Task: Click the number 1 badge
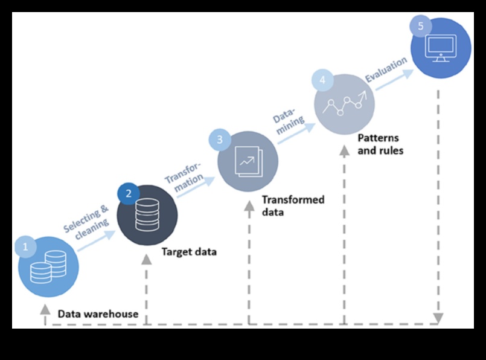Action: click(x=25, y=246)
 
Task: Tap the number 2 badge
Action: click(x=128, y=194)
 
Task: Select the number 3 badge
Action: click(x=220, y=140)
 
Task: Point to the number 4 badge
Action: click(x=322, y=80)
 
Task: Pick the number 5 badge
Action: click(x=420, y=27)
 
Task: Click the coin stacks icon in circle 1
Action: click(x=49, y=268)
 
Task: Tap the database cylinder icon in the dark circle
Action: click(x=147, y=214)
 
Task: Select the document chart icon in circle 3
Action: click(x=248, y=161)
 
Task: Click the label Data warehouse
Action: click(x=98, y=314)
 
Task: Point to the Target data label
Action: click(x=188, y=252)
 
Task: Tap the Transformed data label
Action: click(x=293, y=206)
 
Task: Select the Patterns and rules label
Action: click(x=380, y=144)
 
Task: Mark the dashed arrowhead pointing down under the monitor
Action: click(x=438, y=318)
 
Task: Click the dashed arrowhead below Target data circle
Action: click(x=147, y=260)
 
